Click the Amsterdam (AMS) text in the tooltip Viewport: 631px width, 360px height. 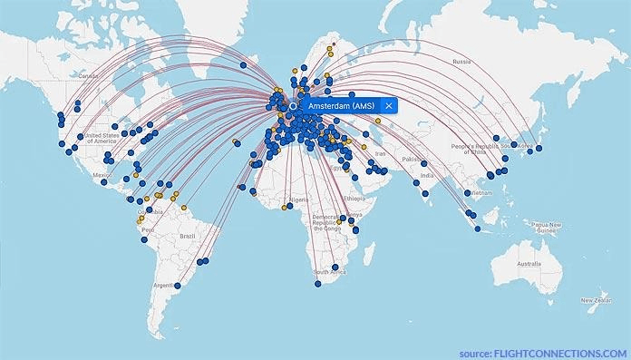coord(341,106)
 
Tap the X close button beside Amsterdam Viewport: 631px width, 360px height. coord(388,106)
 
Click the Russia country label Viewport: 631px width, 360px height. coord(461,63)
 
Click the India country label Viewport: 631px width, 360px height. coord(426,177)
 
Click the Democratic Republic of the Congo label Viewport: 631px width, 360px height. coord(325,223)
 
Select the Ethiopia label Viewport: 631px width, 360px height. coord(354,198)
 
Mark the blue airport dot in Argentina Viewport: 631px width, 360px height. coord(178,287)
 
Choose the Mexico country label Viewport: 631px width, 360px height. coord(102,176)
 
